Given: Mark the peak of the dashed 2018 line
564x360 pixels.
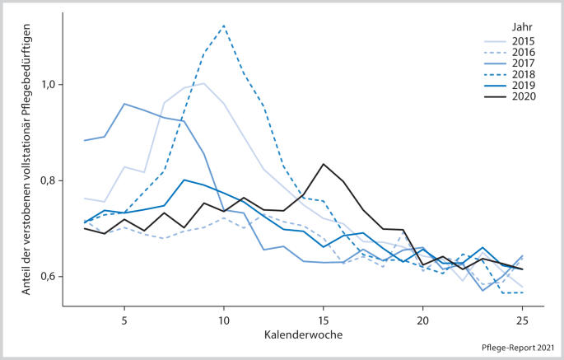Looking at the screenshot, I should [224, 26].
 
